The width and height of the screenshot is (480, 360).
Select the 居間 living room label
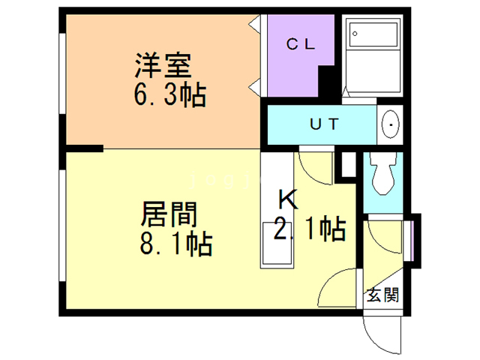[x=169, y=216]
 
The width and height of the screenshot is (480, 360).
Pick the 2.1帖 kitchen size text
[x=309, y=229]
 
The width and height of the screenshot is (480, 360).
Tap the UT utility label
[x=325, y=124]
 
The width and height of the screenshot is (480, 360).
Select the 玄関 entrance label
[x=382, y=295]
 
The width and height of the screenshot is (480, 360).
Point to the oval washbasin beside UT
[x=390, y=124]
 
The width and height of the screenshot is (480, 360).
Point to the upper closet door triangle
[x=256, y=23]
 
